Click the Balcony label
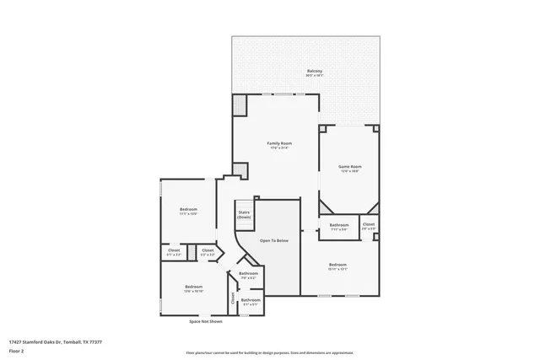click(314, 73)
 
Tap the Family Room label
click(279, 145)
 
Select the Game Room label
click(349, 168)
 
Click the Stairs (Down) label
click(244, 214)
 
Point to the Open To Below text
click(273, 240)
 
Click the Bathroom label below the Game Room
click(339, 226)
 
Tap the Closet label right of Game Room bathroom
click(369, 226)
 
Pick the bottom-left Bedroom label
click(193, 288)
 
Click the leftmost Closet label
click(174, 251)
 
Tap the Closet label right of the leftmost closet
click(208, 251)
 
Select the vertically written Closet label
click(233, 298)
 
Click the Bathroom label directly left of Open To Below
click(248, 275)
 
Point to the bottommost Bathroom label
click(251, 301)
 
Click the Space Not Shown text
click(206, 321)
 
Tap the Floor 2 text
click(17, 350)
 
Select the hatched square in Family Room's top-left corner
click(240, 105)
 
